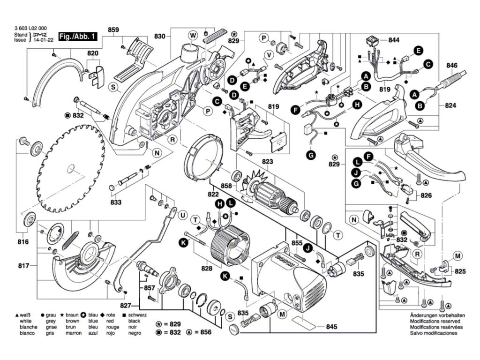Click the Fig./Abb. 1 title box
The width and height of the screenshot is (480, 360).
(x=77, y=36)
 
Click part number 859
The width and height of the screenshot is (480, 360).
(x=113, y=30)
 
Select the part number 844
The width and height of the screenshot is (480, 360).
(x=394, y=41)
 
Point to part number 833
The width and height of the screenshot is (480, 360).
(x=116, y=202)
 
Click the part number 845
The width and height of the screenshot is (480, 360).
(x=331, y=327)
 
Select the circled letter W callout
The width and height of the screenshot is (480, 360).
(x=192, y=35)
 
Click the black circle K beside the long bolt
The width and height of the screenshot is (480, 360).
(x=184, y=242)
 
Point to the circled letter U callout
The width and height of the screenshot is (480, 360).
(x=183, y=216)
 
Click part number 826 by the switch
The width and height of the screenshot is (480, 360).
(x=426, y=195)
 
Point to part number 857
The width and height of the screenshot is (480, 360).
(x=150, y=287)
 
